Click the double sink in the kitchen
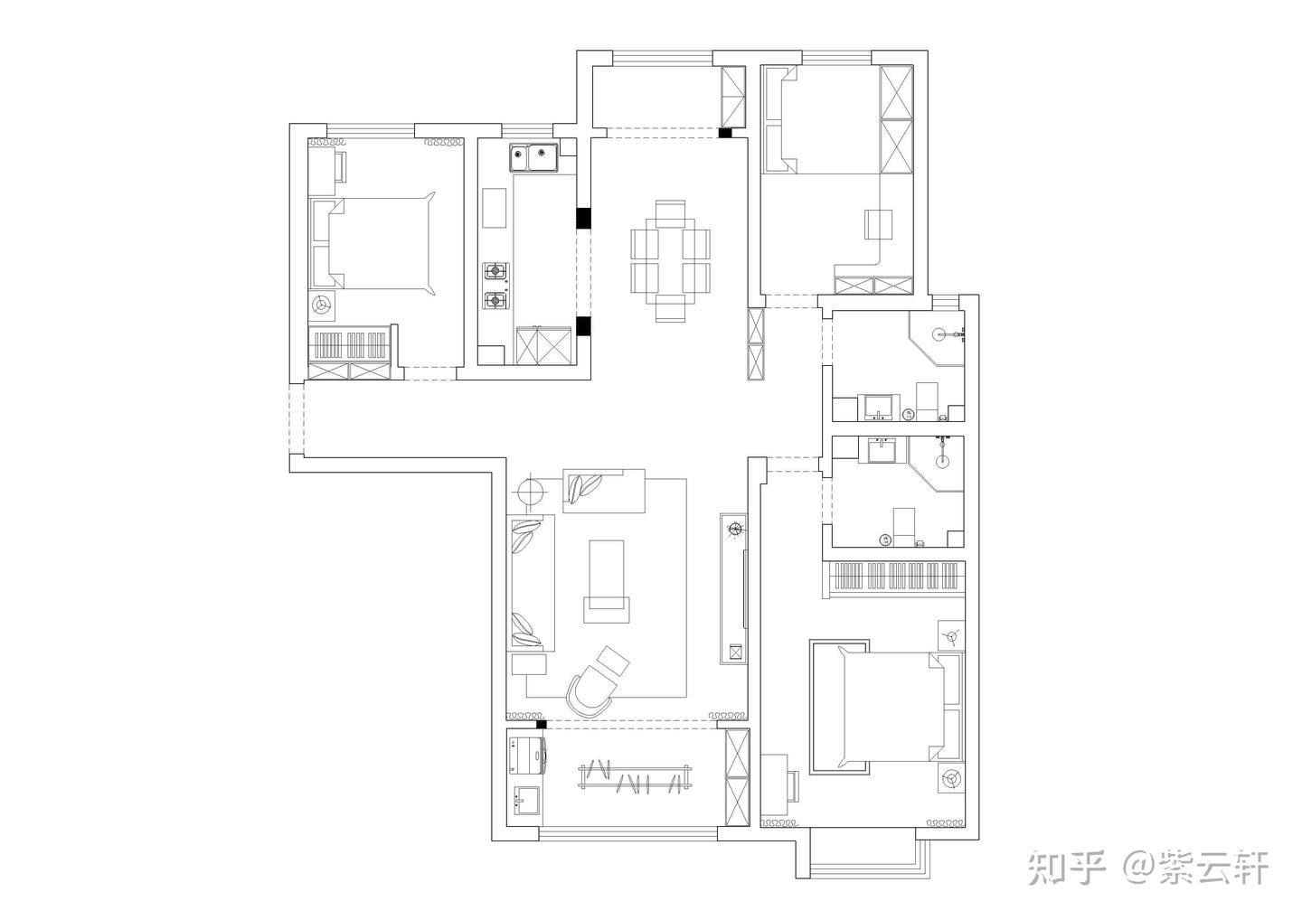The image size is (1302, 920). click(533, 157)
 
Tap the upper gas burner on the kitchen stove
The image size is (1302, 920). click(495, 270)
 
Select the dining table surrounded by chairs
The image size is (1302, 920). click(670, 260)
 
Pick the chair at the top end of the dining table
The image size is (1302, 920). click(670, 213)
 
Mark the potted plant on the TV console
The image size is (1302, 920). click(735, 529)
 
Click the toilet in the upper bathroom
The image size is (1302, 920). click(927, 399)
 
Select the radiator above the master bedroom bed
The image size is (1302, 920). click(895, 577)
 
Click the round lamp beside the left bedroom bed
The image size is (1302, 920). click(321, 304)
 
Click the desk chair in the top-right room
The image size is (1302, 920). click(878, 224)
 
